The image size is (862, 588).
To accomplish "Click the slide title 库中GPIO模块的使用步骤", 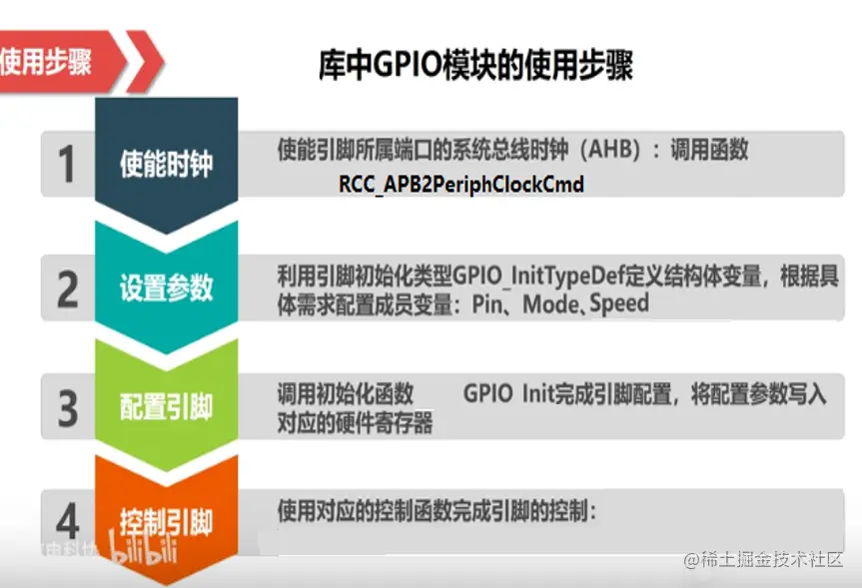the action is [x=476, y=65].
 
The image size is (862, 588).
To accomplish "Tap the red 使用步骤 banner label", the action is [x=46, y=61].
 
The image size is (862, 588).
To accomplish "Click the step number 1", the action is [x=67, y=164].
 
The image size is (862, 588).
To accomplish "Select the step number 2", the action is [x=67, y=289].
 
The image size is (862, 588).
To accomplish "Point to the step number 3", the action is [x=68, y=408].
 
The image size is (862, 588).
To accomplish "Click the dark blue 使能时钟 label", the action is [x=166, y=164].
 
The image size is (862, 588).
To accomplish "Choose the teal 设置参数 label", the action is [x=166, y=288].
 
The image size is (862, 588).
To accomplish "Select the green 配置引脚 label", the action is [x=166, y=407].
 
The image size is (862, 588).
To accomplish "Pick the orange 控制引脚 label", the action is [x=166, y=521].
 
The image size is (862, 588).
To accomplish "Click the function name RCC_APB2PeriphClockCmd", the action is [x=461, y=185].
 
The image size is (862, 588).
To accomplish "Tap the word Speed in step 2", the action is [x=619, y=303].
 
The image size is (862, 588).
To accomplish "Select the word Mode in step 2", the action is [x=549, y=304].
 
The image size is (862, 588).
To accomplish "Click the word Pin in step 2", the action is [x=487, y=304].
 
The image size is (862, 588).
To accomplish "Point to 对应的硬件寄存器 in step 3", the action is [x=355, y=423].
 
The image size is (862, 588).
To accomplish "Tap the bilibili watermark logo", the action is [x=143, y=548].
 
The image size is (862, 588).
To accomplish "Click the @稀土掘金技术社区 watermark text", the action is [x=763, y=560].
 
